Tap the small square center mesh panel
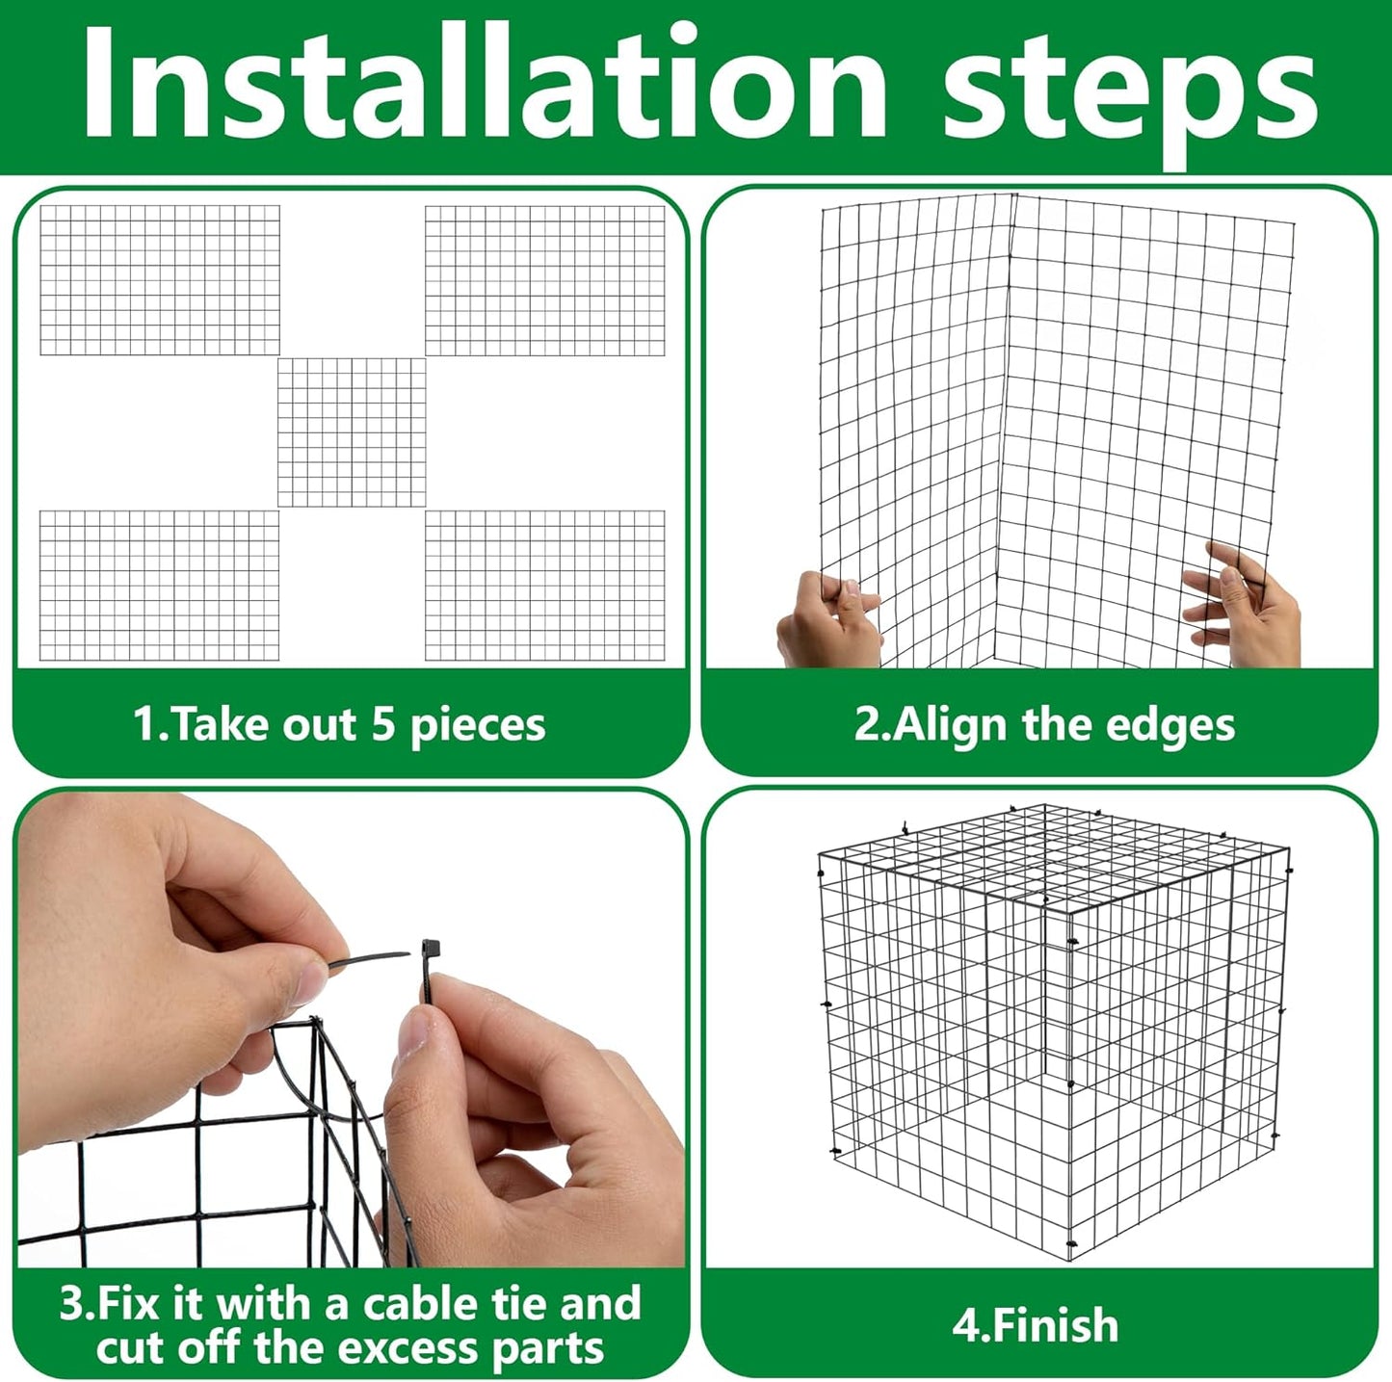(x=352, y=432)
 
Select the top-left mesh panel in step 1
(x=160, y=280)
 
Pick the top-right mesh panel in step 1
(x=545, y=280)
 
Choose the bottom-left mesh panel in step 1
(x=160, y=586)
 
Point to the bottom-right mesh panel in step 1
(x=545, y=586)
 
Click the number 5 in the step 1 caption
(x=383, y=723)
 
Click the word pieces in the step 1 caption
(x=478, y=725)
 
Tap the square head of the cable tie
(x=429, y=950)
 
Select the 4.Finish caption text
(x=1036, y=1325)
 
